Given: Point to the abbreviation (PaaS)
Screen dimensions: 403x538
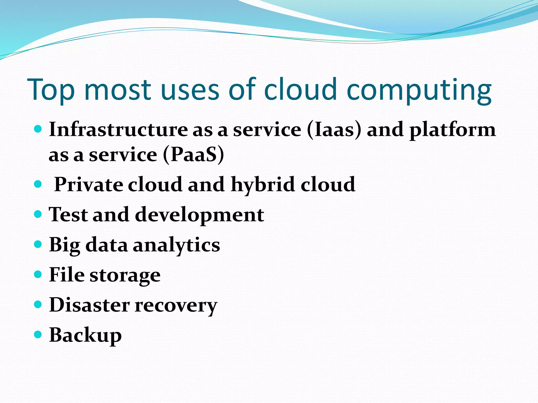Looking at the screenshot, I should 194,155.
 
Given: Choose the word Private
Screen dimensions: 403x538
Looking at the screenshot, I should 89,184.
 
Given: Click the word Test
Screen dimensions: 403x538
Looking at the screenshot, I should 69,214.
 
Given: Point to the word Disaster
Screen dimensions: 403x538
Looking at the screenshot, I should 89,305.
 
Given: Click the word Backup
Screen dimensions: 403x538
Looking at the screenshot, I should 85,335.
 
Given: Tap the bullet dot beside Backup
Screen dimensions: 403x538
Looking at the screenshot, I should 38,335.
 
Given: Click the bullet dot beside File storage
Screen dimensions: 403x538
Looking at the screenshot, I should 38,274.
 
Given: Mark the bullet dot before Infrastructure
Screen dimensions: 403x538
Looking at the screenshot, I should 38,129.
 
